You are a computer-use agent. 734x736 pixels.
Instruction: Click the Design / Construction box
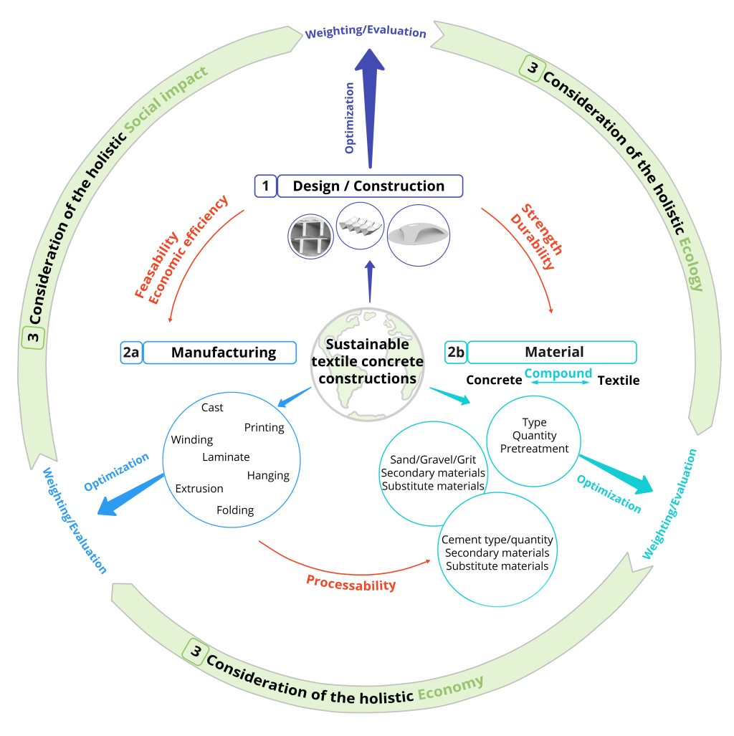point(369,186)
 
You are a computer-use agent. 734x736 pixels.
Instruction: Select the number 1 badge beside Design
point(265,186)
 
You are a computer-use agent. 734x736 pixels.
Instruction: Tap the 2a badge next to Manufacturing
point(131,353)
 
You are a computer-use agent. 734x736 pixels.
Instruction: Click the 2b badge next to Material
point(455,352)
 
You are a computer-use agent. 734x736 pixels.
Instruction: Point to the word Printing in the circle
point(264,428)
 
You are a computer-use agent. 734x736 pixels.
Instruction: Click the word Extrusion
point(199,489)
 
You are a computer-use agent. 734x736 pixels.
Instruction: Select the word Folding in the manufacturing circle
point(235,510)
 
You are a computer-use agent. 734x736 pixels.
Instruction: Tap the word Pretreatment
point(534,449)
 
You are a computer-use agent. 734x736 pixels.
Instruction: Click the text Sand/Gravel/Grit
point(433,459)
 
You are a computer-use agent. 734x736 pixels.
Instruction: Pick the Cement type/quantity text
point(497,540)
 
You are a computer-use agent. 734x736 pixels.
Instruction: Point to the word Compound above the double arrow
point(558,373)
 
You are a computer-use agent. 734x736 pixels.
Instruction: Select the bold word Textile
point(619,381)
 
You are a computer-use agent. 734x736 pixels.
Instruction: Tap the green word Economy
point(450,687)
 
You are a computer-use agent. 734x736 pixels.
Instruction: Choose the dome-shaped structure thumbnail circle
point(419,234)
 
